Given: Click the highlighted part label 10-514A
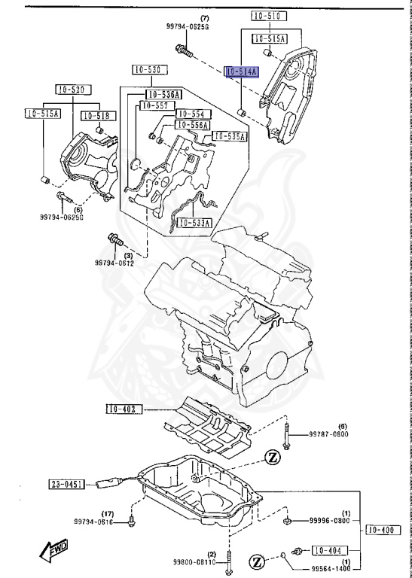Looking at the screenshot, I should point(242,72).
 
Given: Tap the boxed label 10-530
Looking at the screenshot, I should point(148,70).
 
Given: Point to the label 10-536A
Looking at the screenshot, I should point(163,95).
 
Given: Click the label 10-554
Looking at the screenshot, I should point(191,114).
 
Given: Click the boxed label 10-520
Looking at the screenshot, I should point(70,90).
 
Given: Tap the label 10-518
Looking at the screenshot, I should point(96,116).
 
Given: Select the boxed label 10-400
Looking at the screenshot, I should point(382,531).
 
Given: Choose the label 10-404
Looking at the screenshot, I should point(328,549).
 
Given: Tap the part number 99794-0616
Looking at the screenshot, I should point(93,522).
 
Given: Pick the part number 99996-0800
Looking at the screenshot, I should point(330,521).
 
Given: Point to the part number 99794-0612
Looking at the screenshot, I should point(114,263).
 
